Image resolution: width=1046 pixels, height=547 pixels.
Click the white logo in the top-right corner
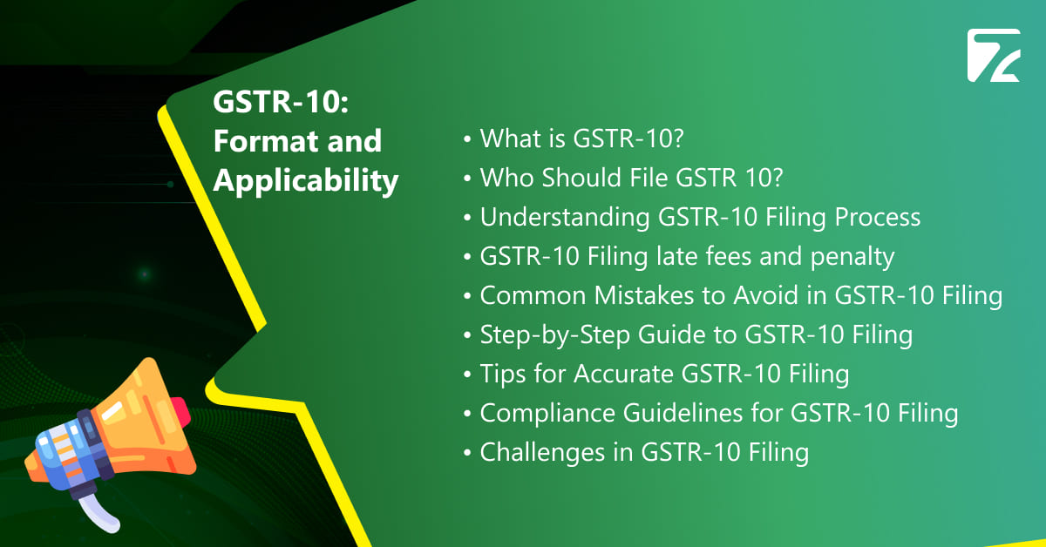coord(993,56)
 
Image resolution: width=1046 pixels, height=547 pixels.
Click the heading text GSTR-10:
coord(281,102)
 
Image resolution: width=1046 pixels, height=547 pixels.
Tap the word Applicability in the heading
coord(306,180)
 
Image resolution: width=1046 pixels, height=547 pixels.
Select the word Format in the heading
coord(261,141)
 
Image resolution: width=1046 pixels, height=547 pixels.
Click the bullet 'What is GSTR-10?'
coord(569,138)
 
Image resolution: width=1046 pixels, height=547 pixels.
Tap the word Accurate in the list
coord(622,374)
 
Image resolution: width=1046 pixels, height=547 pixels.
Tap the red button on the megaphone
coord(178,409)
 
